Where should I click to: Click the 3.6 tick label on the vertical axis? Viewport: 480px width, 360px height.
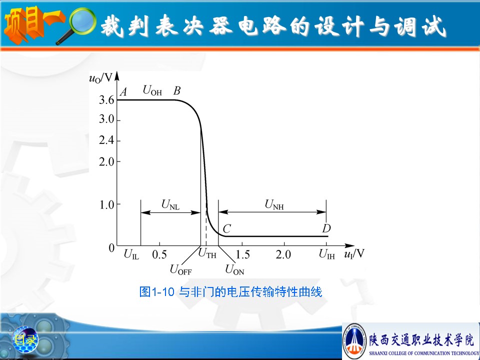click(106, 100)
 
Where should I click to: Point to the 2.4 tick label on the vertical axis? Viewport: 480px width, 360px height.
click(106, 140)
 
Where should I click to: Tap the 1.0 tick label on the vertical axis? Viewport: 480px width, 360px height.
click(107, 205)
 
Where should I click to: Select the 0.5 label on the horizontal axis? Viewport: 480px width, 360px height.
click(159, 254)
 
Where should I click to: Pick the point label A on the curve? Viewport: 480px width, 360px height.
click(123, 91)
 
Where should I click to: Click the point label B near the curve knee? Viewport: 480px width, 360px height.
click(177, 90)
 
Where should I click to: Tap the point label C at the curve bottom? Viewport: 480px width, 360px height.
click(226, 228)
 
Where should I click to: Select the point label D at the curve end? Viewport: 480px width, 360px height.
click(326, 228)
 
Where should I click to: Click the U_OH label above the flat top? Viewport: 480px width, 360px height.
click(152, 90)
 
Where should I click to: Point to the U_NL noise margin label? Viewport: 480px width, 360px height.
click(170, 204)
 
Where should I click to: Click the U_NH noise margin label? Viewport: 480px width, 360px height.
click(274, 204)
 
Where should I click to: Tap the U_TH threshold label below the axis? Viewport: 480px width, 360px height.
click(207, 253)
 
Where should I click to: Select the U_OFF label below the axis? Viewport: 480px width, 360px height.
click(180, 269)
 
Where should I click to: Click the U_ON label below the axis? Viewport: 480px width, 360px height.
click(234, 269)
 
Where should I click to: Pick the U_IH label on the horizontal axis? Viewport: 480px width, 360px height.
click(326, 254)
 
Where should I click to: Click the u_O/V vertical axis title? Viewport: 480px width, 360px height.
click(100, 78)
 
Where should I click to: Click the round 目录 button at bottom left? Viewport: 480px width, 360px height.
click(25, 339)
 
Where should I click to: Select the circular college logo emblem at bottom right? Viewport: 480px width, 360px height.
click(354, 341)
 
